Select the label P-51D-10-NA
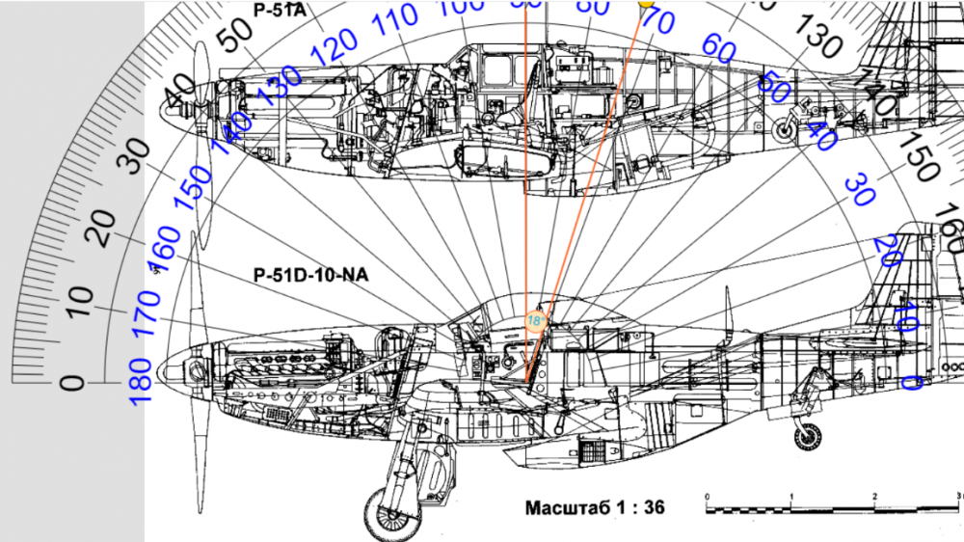tap(310, 275)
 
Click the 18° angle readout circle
tap(535, 319)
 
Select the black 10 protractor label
tap(82, 301)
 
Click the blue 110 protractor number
tap(396, 19)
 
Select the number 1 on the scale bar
tap(791, 496)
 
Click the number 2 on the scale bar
tap(874, 496)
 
